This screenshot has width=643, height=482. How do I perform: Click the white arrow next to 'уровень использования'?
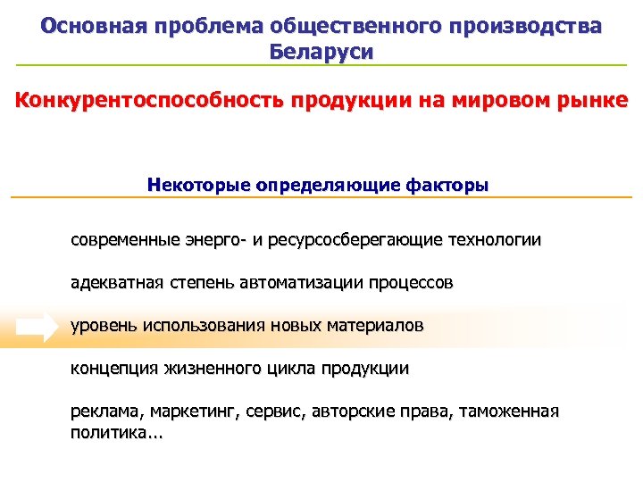coord(37,328)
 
